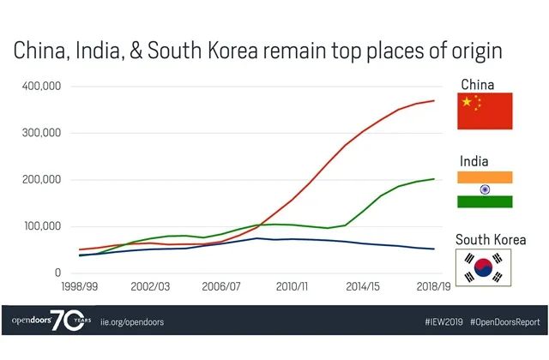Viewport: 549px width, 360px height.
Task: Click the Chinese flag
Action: click(x=485, y=111)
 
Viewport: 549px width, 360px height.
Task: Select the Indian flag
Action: click(x=485, y=189)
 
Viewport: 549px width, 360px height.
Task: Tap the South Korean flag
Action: click(x=485, y=267)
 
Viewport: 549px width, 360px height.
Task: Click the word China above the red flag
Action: click(x=479, y=84)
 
